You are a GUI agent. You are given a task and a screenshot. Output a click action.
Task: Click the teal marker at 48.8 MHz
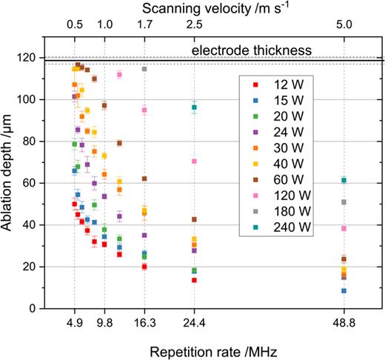(344, 180)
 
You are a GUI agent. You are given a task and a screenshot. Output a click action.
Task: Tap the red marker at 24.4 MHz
(194, 280)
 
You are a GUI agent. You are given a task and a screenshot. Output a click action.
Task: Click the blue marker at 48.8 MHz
(344, 290)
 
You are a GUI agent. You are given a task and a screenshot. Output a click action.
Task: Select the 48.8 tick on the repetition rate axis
(344, 323)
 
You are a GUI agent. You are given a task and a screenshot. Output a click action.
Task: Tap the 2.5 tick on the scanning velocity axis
(194, 24)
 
